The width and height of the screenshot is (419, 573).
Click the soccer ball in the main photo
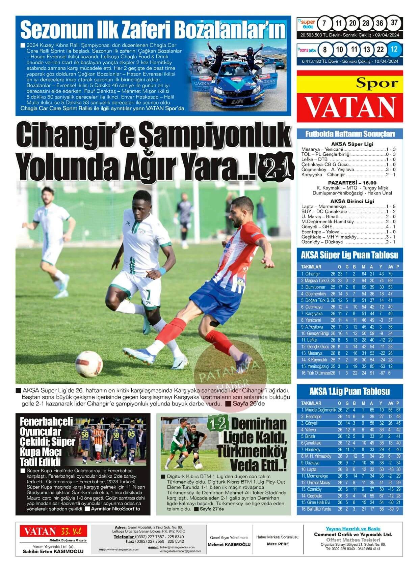pyautogui.click(x=89, y=364)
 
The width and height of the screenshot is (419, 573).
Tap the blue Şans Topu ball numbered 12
pyautogui.click(x=394, y=49)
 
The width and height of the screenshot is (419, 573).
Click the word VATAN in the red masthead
pyautogui.click(x=350, y=107)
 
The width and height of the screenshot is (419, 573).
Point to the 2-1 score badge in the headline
pyautogui.click(x=273, y=169)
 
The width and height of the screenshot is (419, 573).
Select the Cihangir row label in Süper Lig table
pyautogui.click(x=310, y=274)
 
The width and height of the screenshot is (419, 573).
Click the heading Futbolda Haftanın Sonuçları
pyautogui.click(x=350, y=134)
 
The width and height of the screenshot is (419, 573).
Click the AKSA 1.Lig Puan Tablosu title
pyautogui.click(x=349, y=391)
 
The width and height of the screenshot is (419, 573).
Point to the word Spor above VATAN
pyautogui.click(x=377, y=83)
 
